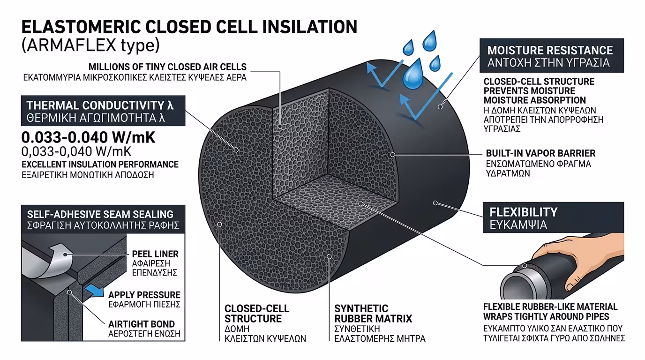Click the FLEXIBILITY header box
[553, 217]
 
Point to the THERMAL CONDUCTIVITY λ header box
[104, 111]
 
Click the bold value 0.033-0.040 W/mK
[88, 138]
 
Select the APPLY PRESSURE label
[144, 295]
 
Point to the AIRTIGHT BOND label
[141, 324]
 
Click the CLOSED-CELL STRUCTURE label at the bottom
[256, 314]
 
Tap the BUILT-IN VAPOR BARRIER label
[540, 153]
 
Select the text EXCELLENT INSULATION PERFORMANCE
[100, 164]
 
